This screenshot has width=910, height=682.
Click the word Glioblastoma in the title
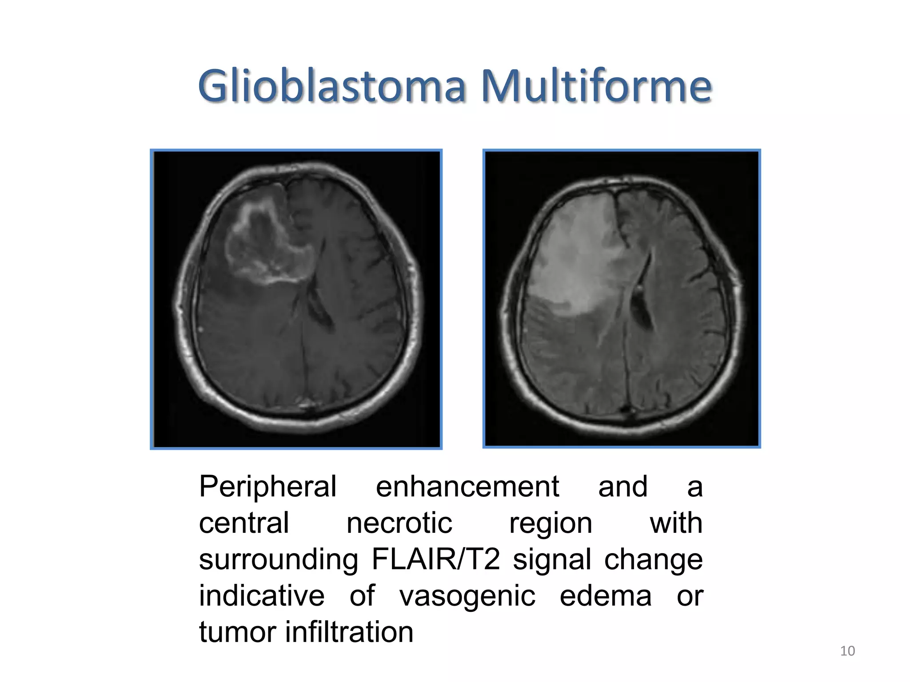pos(331,86)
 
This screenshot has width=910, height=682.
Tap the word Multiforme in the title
pos(596,86)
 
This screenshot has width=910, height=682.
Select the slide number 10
pos(847,651)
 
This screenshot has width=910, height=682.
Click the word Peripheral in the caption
pos(267,487)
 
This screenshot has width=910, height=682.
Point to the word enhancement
pos(467,487)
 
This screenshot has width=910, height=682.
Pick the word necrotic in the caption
pos(399,523)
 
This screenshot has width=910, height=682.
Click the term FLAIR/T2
pos(435,559)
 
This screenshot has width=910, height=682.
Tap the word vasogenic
pos(467,596)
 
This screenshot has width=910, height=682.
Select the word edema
pos(605,596)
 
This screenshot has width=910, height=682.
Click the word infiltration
pos(349,632)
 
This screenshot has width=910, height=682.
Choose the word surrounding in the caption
pos(279,560)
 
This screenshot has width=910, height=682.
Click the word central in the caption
pos(244,523)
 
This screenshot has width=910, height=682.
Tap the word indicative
pos(261,596)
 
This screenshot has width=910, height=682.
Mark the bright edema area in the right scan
pos(578,258)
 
